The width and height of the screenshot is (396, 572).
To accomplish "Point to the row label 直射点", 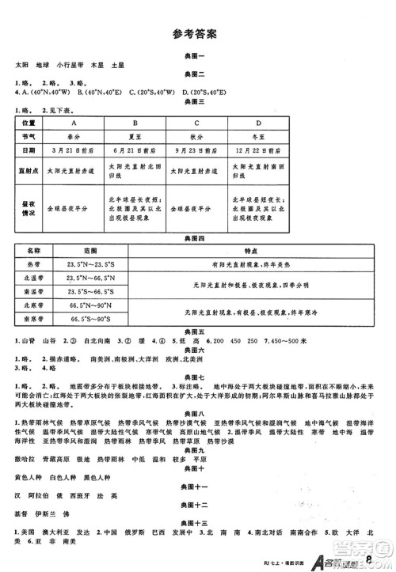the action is point(29,169).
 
